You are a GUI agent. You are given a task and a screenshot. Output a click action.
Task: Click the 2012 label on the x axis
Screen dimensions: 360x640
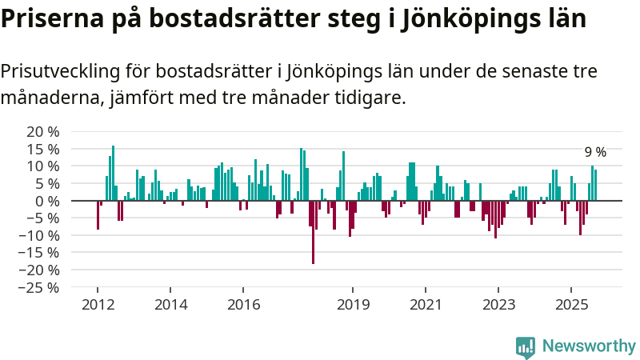pyautogui.click(x=98, y=304)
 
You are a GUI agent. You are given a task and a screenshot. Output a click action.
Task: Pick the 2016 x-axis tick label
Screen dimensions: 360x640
pyautogui.click(x=244, y=304)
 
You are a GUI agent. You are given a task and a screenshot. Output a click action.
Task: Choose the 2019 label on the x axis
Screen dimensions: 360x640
pyautogui.click(x=353, y=304)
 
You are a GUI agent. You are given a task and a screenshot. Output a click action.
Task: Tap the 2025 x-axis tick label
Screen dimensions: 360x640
pyautogui.click(x=571, y=304)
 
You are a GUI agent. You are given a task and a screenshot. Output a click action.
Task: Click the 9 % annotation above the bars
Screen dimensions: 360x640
pyautogui.click(x=595, y=152)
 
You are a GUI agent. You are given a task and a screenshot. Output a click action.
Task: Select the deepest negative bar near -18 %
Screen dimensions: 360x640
pyautogui.click(x=313, y=232)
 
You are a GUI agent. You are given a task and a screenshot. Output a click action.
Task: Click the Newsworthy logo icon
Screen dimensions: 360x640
pyautogui.click(x=526, y=346)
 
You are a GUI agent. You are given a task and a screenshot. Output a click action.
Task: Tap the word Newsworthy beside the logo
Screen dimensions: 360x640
pyautogui.click(x=589, y=346)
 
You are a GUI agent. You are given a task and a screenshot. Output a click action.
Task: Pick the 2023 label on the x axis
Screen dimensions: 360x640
pyautogui.click(x=498, y=304)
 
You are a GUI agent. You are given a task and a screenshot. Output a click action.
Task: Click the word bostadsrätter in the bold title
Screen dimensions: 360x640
pyautogui.click(x=234, y=18)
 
